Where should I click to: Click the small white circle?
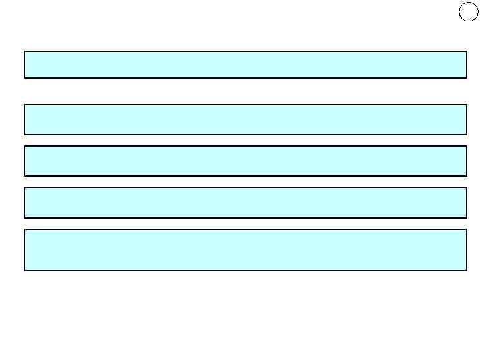pos(469,12)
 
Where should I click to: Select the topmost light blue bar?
pos(245,65)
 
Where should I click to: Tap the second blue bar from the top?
pos(245,119)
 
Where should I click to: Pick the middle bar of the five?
pos(245,161)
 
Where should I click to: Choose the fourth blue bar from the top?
pos(245,203)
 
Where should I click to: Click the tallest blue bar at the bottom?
pos(245,250)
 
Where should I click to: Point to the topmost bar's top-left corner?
pos(25,52)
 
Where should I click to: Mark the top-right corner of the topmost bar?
pos(466,52)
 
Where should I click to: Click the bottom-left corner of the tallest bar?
pos(25,270)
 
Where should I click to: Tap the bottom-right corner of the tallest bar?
pos(466,270)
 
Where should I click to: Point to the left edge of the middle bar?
pos(25,161)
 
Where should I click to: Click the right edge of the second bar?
pos(466,119)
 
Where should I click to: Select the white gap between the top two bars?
pos(245,91)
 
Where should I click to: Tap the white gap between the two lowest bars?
pos(245,223)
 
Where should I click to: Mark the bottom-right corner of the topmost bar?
pos(466,77)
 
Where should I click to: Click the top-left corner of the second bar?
pos(25,105)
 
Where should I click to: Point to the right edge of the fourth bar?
pos(466,203)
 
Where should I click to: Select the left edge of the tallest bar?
pos(25,250)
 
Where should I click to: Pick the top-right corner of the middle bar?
pos(466,147)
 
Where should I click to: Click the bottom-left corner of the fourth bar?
pos(25,217)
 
